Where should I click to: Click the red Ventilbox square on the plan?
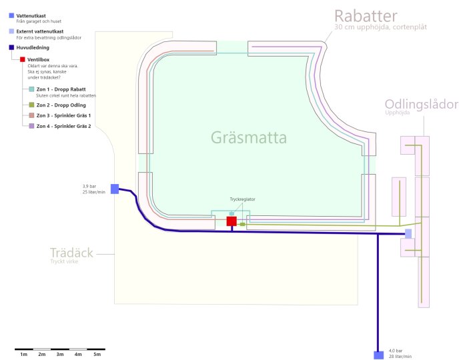231,221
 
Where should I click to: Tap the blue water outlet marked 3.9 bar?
115,189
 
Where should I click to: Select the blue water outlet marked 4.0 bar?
378,355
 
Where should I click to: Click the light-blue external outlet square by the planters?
408,233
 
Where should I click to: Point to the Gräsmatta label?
249,137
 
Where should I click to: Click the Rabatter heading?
366,16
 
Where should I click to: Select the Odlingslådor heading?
422,104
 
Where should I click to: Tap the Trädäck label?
71,253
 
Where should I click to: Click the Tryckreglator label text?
242,199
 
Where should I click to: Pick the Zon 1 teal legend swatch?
31,89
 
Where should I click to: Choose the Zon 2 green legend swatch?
31,105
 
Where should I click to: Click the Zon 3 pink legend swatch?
31,115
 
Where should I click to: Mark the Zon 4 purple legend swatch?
31,126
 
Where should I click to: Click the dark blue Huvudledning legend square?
11,47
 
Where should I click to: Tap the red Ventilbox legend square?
22,59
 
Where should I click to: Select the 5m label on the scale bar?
97,355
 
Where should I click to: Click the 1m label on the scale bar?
24,355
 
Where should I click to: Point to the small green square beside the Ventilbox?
242,224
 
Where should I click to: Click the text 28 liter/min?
400,356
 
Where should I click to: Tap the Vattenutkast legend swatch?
11,15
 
